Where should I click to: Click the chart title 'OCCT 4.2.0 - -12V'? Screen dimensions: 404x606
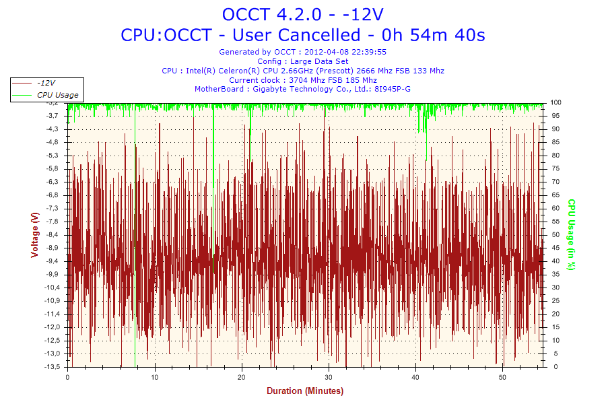[303, 14]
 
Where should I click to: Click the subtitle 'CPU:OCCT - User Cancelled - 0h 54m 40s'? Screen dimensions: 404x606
[303, 34]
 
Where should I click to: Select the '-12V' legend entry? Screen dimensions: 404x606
[47, 82]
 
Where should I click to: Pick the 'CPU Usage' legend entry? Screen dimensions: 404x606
[57, 95]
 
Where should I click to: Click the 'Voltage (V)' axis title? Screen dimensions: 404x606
[34, 234]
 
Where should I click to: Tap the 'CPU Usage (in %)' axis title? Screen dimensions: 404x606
[571, 234]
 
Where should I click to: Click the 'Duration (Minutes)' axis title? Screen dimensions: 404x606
[305, 391]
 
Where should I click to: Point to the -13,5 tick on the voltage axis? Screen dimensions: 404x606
[52, 367]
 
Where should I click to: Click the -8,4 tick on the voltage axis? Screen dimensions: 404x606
[53, 234]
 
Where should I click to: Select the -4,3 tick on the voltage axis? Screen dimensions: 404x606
[53, 129]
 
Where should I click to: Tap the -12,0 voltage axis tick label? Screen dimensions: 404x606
[52, 327]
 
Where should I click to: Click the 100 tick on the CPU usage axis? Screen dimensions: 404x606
[555, 102]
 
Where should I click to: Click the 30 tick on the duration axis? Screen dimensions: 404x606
[329, 377]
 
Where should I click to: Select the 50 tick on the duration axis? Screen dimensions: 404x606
[502, 377]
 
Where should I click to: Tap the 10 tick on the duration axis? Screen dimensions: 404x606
[155, 377]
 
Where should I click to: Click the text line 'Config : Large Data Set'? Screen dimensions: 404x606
[303, 61]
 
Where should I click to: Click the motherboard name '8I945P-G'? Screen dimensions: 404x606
[393, 89]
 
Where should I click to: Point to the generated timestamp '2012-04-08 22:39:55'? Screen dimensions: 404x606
[345, 52]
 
